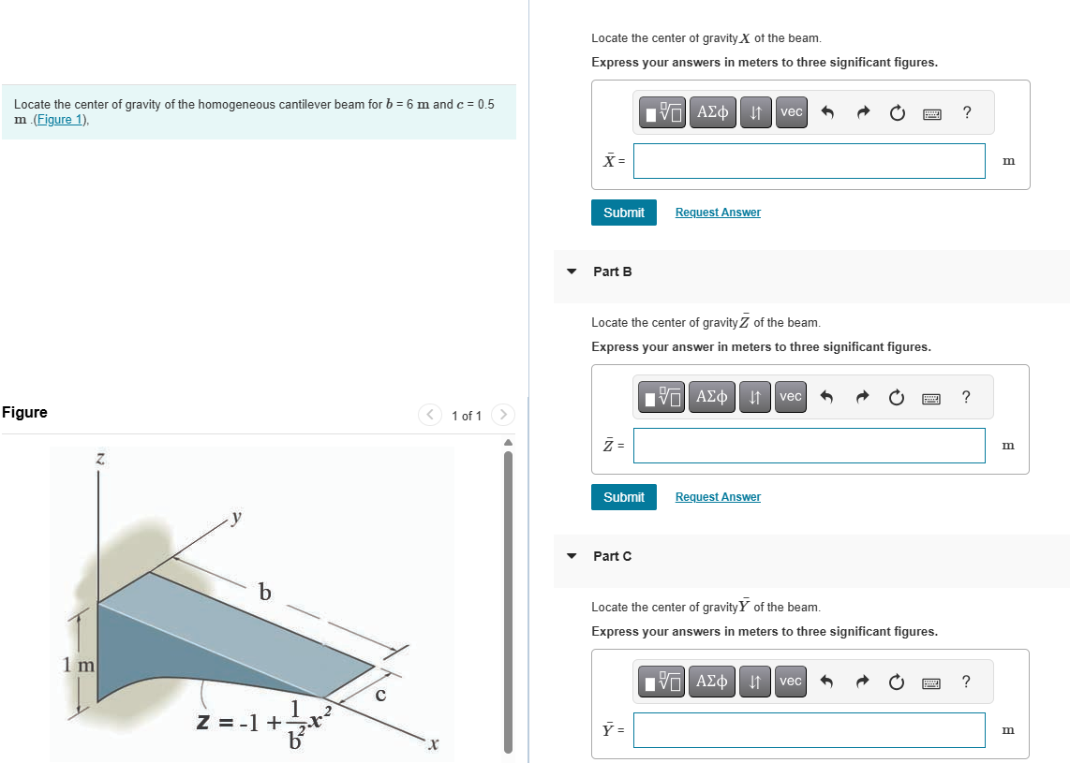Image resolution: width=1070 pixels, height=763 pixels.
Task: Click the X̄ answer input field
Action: [x=809, y=161]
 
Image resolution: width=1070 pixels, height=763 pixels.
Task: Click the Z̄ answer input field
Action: [x=809, y=446]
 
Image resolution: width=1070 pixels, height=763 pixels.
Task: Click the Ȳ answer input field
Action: [x=809, y=730]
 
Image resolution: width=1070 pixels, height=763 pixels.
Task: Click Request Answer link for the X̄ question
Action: [x=718, y=213]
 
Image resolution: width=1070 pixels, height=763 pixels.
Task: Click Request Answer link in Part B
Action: [x=718, y=497]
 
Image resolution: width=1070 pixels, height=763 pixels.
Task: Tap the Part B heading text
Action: [x=613, y=271]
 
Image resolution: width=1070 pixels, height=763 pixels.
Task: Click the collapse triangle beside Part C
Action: [x=572, y=556]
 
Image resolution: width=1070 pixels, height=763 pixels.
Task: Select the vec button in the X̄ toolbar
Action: [x=792, y=112]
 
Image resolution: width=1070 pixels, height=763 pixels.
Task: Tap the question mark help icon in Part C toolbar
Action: [x=967, y=682]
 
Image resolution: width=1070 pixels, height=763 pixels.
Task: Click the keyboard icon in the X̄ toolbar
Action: [x=932, y=113]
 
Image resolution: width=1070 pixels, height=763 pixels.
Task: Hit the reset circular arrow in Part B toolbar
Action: [x=898, y=398]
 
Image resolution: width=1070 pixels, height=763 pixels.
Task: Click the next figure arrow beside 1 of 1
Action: [x=503, y=414]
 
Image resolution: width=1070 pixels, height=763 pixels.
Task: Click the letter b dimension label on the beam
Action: [x=265, y=592]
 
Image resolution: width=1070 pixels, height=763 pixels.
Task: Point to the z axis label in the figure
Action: [x=99, y=459]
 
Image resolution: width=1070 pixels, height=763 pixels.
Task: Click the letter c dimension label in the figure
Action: [x=380, y=695]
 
